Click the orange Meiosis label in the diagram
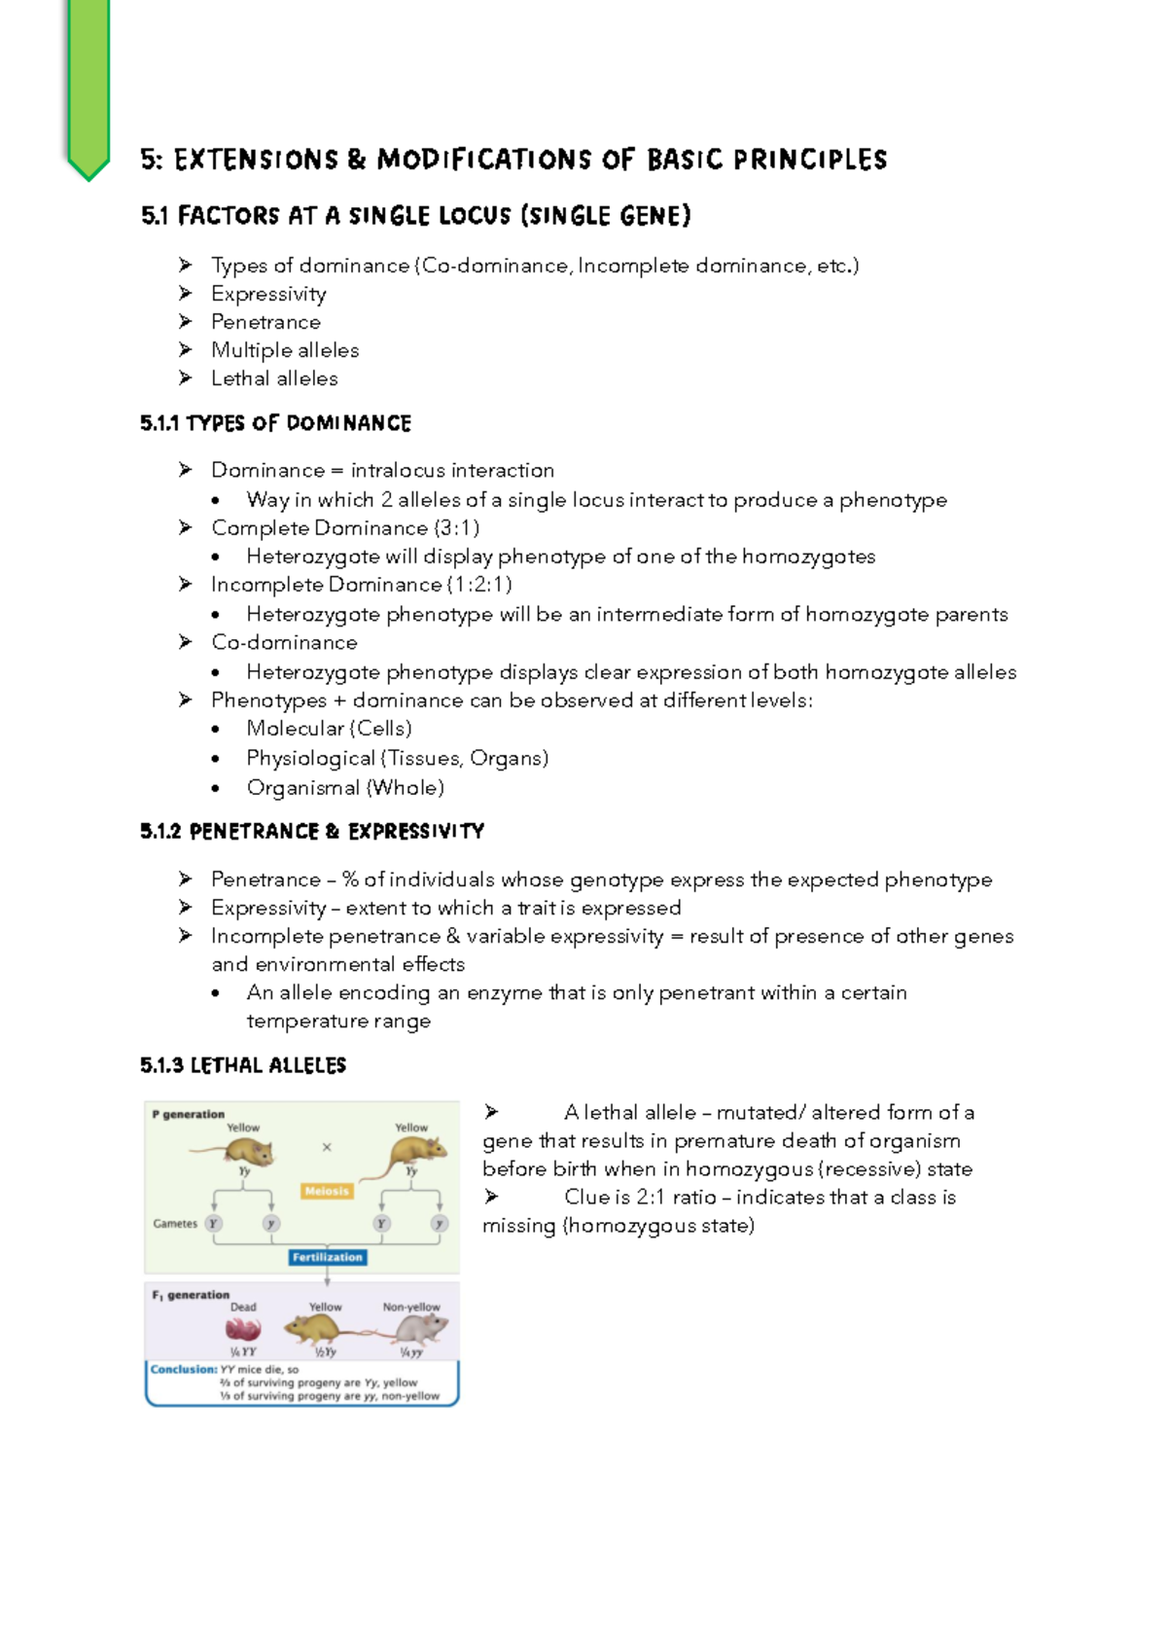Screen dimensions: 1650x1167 (327, 1191)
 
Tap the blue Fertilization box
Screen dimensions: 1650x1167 (327, 1257)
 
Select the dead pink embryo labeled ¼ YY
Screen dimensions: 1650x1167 (242, 1330)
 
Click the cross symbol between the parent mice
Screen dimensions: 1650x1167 (327, 1147)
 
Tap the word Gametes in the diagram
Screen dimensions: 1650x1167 (175, 1224)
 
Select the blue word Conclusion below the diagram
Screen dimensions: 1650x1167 (183, 1369)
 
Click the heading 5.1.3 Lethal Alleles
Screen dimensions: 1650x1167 (243, 1065)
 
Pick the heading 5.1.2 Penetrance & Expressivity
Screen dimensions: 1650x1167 (311, 832)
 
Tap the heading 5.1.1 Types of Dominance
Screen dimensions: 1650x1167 (275, 423)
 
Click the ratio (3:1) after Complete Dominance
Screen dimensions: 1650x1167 (456, 528)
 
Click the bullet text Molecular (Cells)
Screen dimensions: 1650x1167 (329, 729)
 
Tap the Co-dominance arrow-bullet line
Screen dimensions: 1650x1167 (284, 642)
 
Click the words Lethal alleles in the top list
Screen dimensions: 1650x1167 (274, 378)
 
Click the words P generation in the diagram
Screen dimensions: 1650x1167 (188, 1114)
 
